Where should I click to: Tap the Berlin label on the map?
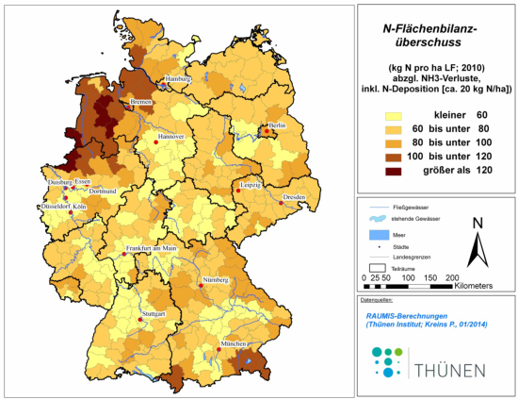(x=277, y=125)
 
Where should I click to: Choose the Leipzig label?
(x=250, y=184)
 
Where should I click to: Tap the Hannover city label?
(x=171, y=137)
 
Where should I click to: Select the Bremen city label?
(x=141, y=101)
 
